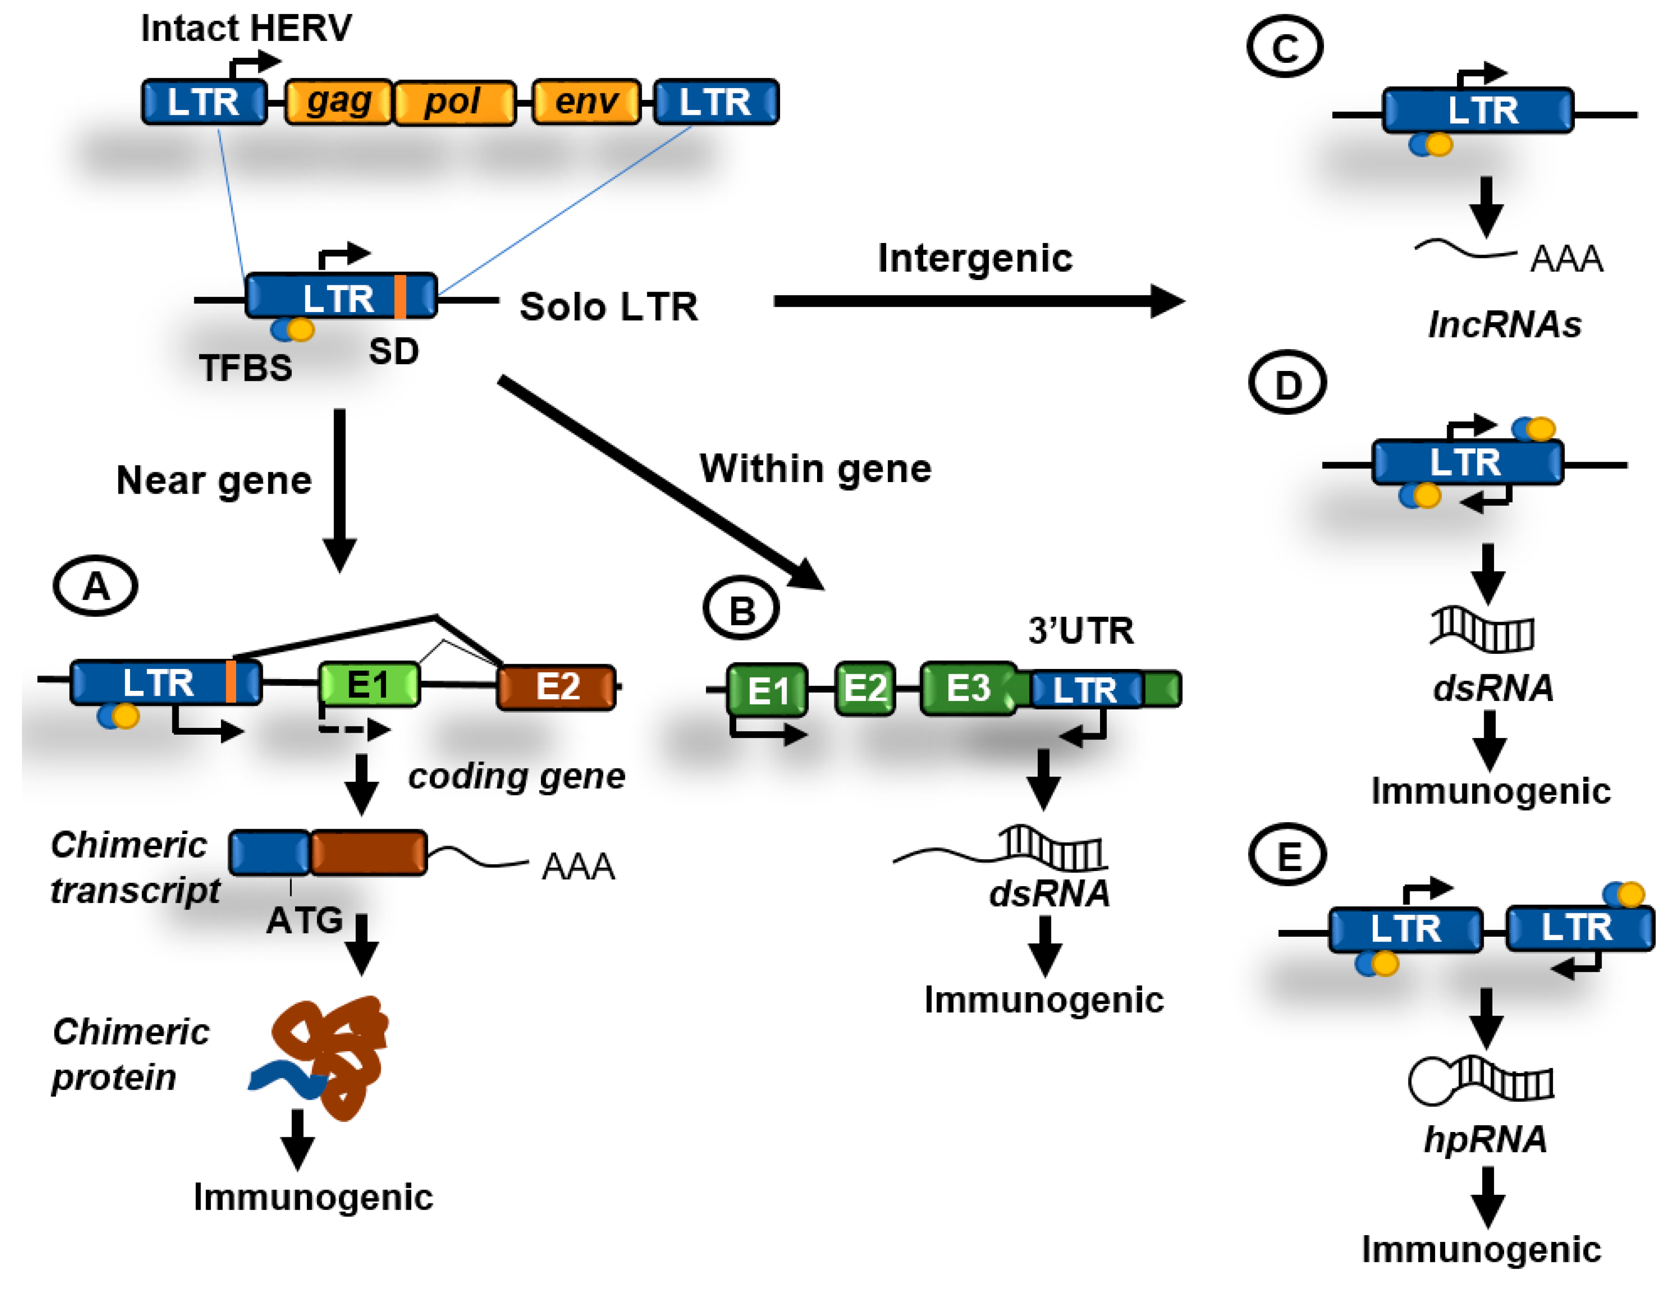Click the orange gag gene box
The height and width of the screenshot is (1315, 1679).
point(339,102)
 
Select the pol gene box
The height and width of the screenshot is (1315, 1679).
point(454,102)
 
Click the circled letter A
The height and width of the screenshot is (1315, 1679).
point(95,587)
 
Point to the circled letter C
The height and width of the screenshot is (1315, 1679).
point(1284,48)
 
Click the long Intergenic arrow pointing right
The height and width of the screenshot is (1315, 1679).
point(978,301)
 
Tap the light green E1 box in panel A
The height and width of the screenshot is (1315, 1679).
point(370,685)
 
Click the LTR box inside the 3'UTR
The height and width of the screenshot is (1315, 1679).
point(1085,690)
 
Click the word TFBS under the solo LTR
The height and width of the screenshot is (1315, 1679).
point(245,368)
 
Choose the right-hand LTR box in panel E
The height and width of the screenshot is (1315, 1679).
point(1578,928)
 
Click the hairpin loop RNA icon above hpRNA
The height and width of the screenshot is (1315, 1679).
point(1480,1079)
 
